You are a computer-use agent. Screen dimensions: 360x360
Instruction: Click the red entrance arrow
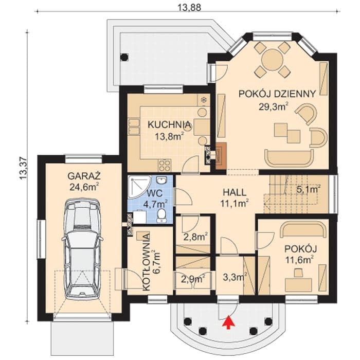point(228,322)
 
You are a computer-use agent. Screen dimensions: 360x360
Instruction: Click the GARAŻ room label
point(84,176)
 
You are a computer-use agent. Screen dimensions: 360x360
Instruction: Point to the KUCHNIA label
point(169,124)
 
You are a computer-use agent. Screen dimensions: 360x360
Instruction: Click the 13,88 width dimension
point(189,8)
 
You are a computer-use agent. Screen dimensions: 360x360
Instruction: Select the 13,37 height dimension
point(24,169)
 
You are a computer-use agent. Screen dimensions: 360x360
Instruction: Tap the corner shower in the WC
point(138,186)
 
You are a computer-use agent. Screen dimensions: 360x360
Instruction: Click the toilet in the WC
point(162,215)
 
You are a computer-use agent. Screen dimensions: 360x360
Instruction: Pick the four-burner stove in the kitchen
point(165,166)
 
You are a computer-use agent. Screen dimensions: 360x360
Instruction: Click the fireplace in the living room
point(221,155)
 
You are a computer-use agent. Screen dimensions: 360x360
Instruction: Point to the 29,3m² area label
point(274,106)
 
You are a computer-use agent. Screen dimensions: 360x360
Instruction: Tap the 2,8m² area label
point(195,237)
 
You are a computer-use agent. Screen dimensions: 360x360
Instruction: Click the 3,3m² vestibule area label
point(235,277)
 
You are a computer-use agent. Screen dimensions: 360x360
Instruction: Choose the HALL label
point(235,192)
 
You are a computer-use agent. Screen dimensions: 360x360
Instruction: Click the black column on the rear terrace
point(124,57)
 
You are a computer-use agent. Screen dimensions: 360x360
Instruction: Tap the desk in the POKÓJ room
point(298,285)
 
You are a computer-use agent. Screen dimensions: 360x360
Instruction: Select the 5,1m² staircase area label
point(309,189)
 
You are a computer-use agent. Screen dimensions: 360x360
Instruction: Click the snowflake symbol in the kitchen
point(203,100)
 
